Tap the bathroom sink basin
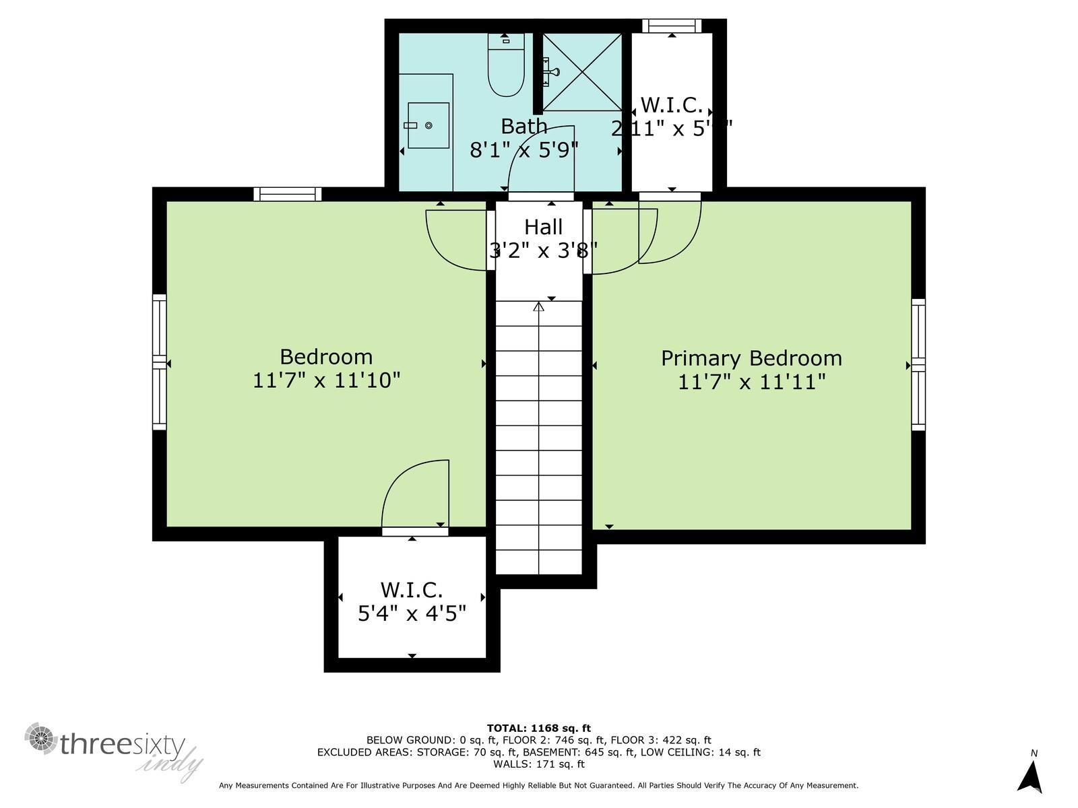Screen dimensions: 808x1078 point(428,125)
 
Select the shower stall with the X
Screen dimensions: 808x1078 point(582,71)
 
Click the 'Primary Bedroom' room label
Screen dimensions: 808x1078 point(751,358)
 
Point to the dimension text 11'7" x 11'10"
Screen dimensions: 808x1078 point(327,380)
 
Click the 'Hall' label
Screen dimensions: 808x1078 point(543,227)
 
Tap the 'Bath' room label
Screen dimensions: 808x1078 point(524,126)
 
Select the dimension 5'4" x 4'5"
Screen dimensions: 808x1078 point(412,613)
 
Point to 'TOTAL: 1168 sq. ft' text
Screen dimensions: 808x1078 point(538,728)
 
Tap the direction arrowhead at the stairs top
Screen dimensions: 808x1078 point(538,307)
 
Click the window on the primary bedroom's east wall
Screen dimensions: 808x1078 point(918,365)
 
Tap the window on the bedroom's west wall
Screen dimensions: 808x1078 point(159,362)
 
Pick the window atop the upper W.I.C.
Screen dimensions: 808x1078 point(672,26)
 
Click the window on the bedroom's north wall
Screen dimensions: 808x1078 point(288,194)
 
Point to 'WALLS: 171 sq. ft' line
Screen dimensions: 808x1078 point(538,764)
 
